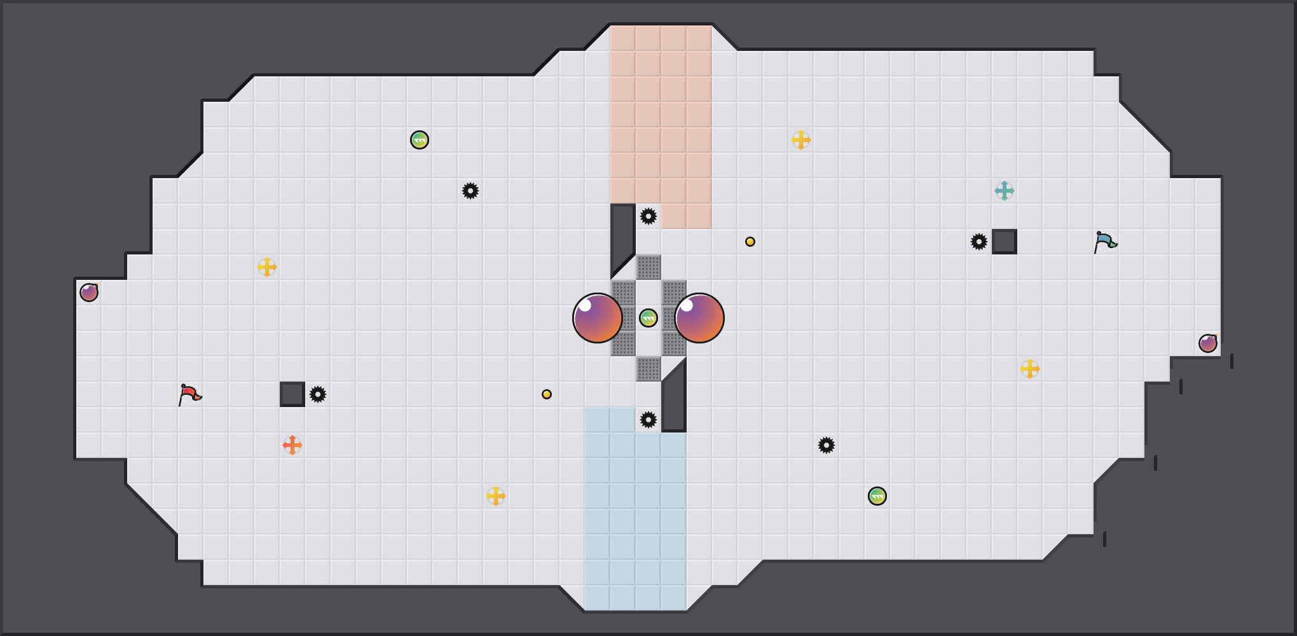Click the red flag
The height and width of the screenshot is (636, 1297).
point(189,394)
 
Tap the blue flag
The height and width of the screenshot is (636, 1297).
point(1105,242)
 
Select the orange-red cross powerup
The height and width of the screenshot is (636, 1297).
point(292,445)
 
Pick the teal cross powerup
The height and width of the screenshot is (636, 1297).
point(1005,191)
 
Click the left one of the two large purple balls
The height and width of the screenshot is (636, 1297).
point(598,318)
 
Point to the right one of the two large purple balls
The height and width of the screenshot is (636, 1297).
point(699,318)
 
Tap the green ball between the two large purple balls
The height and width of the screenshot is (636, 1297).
point(648,318)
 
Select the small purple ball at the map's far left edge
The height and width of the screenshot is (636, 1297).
point(89,293)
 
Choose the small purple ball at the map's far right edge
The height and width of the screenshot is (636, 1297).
point(1208,343)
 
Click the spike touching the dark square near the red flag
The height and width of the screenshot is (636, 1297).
point(318,394)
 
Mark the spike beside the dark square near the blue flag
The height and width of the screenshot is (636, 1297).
point(979,242)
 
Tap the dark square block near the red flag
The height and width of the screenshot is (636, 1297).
point(292,394)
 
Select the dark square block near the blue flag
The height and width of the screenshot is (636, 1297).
point(1005,242)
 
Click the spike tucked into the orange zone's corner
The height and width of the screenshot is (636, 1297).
point(648,216)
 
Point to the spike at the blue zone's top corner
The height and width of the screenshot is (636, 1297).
point(648,420)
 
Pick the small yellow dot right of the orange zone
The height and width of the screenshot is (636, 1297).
point(750,242)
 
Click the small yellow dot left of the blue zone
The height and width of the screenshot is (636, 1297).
point(547,394)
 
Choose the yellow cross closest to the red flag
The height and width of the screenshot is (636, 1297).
point(267,267)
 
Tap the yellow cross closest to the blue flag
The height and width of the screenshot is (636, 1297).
point(1030,369)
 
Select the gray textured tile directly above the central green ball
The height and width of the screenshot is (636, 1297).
point(648,267)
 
